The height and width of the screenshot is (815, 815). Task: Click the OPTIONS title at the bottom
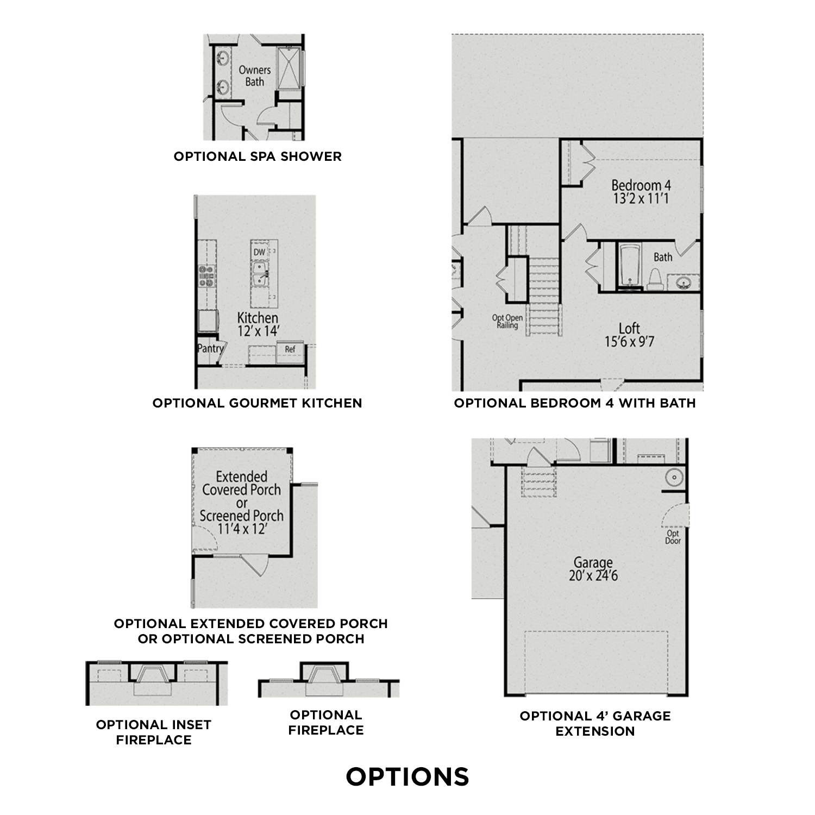point(407,777)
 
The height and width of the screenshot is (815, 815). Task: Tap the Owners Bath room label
point(254,76)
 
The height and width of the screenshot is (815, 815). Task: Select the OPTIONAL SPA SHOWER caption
point(258,156)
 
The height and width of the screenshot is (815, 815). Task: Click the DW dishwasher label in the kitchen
point(259,252)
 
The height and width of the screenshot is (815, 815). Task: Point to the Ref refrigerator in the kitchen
point(290,349)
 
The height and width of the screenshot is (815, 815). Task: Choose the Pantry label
point(210,349)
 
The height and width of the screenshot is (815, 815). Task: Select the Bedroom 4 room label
point(641,186)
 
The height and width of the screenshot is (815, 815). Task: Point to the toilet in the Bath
point(655,278)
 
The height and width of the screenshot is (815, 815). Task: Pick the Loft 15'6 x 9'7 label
point(629,335)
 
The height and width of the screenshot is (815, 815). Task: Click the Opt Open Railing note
point(507,322)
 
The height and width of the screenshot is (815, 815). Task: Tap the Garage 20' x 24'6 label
point(593,569)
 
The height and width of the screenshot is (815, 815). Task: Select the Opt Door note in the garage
point(673,537)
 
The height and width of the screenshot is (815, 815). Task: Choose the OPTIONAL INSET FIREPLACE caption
point(154,732)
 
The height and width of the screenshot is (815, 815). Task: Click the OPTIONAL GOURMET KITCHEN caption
point(257,403)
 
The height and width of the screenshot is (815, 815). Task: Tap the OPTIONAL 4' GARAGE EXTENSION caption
point(595,723)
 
